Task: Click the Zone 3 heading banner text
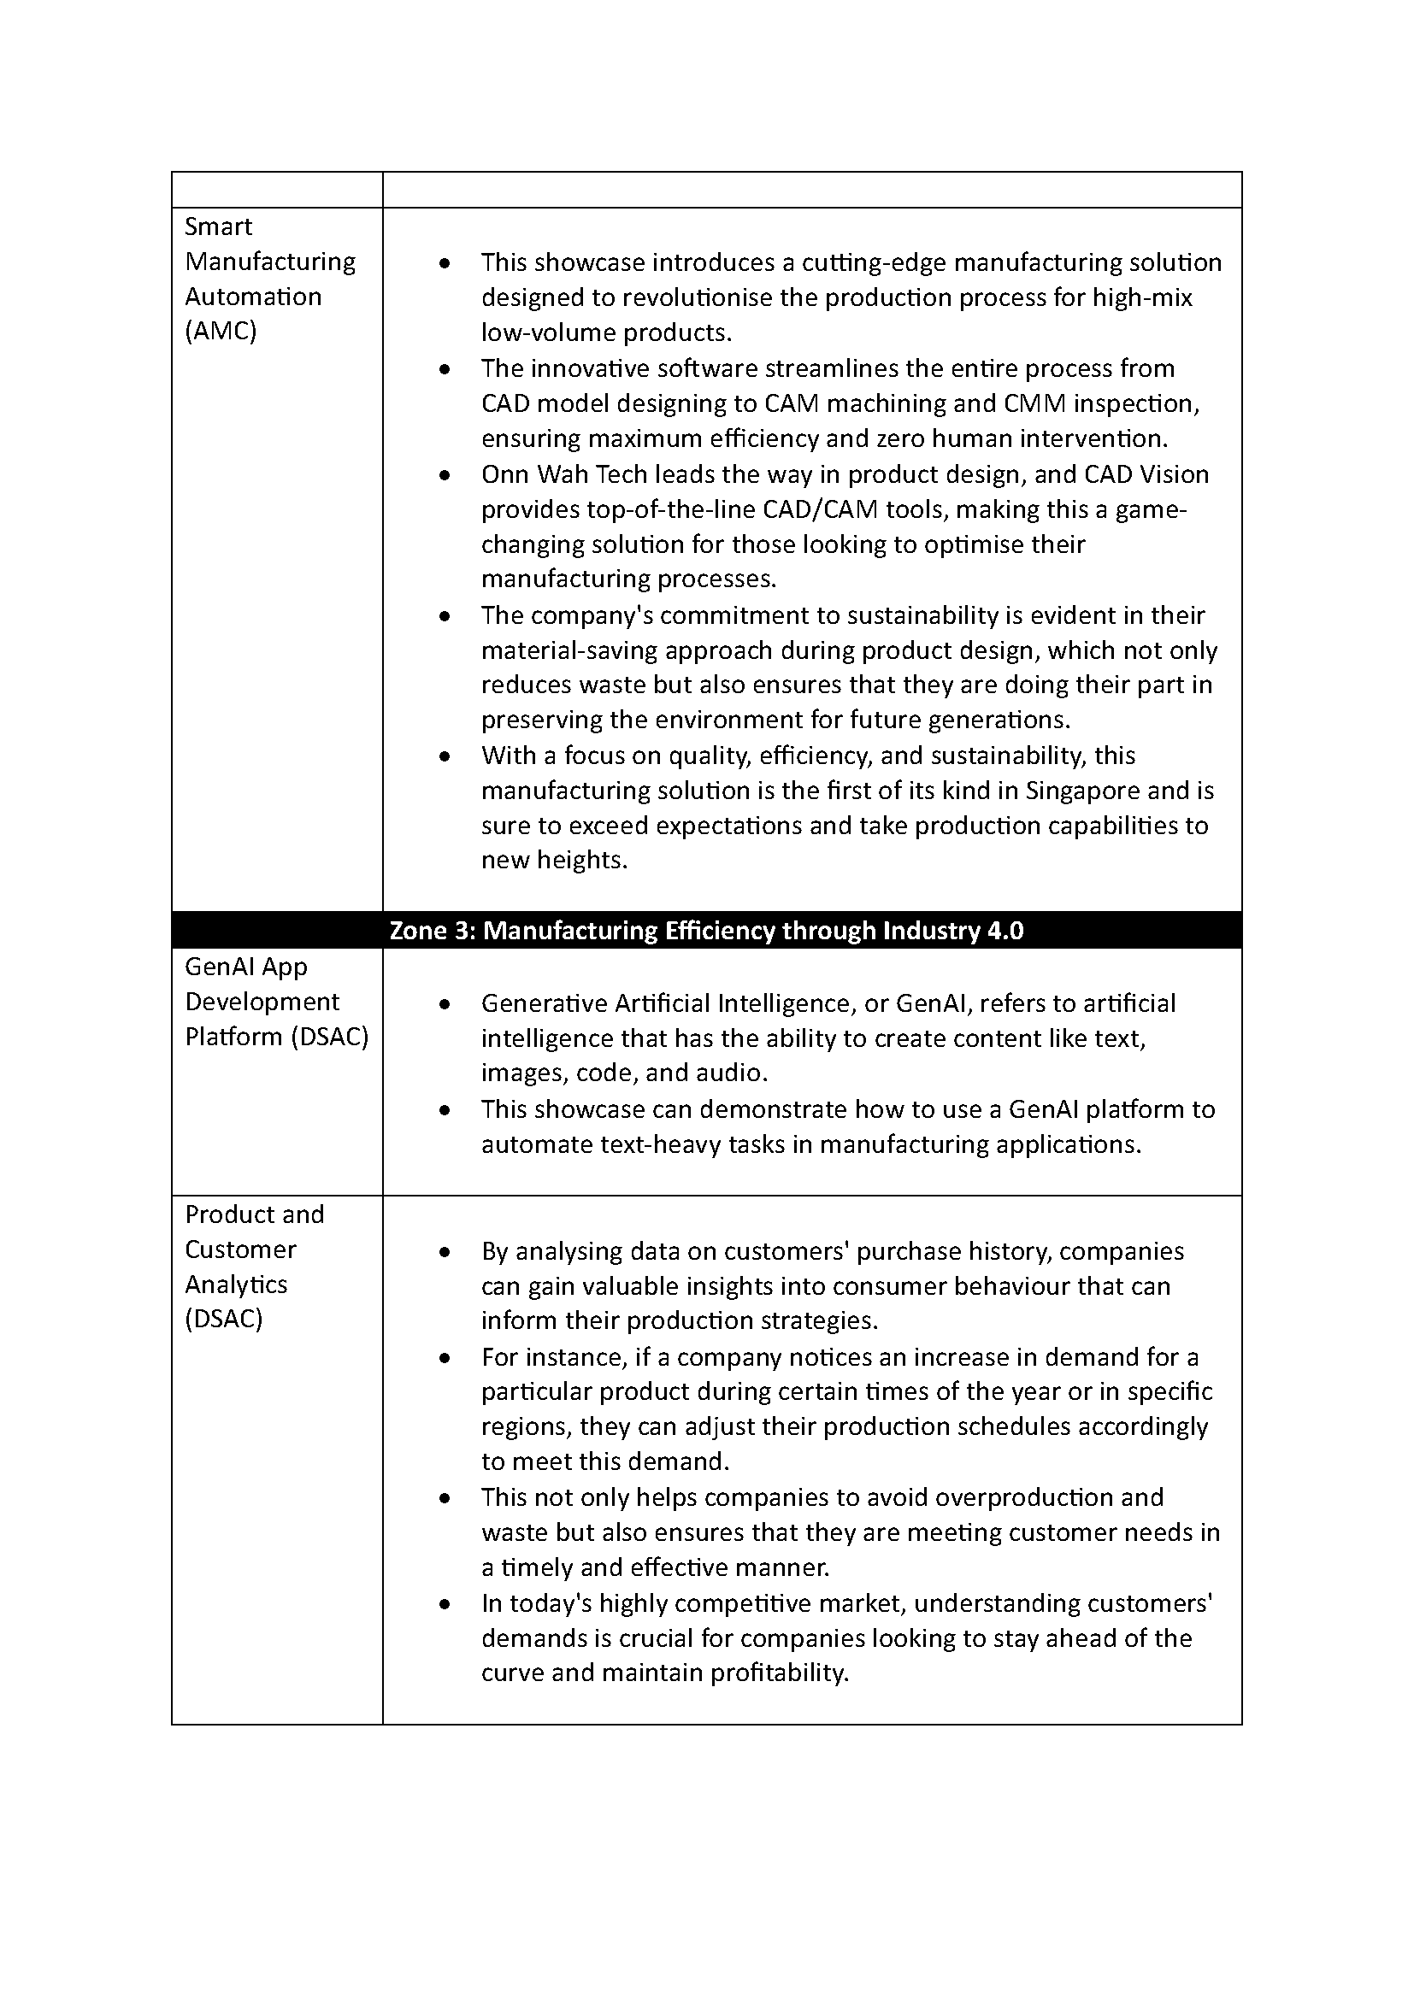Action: [x=706, y=931]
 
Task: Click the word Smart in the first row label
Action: [x=218, y=226]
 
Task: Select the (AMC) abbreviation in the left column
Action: [x=221, y=332]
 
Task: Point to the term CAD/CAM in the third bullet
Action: [x=819, y=509]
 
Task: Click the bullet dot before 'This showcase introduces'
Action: [x=445, y=263]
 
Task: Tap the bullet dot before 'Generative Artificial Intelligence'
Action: [x=445, y=1004]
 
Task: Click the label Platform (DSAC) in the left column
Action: [x=277, y=1037]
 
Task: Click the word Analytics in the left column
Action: [x=236, y=1285]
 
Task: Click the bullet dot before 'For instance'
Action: [x=445, y=1358]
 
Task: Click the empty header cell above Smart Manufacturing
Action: [x=277, y=190]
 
